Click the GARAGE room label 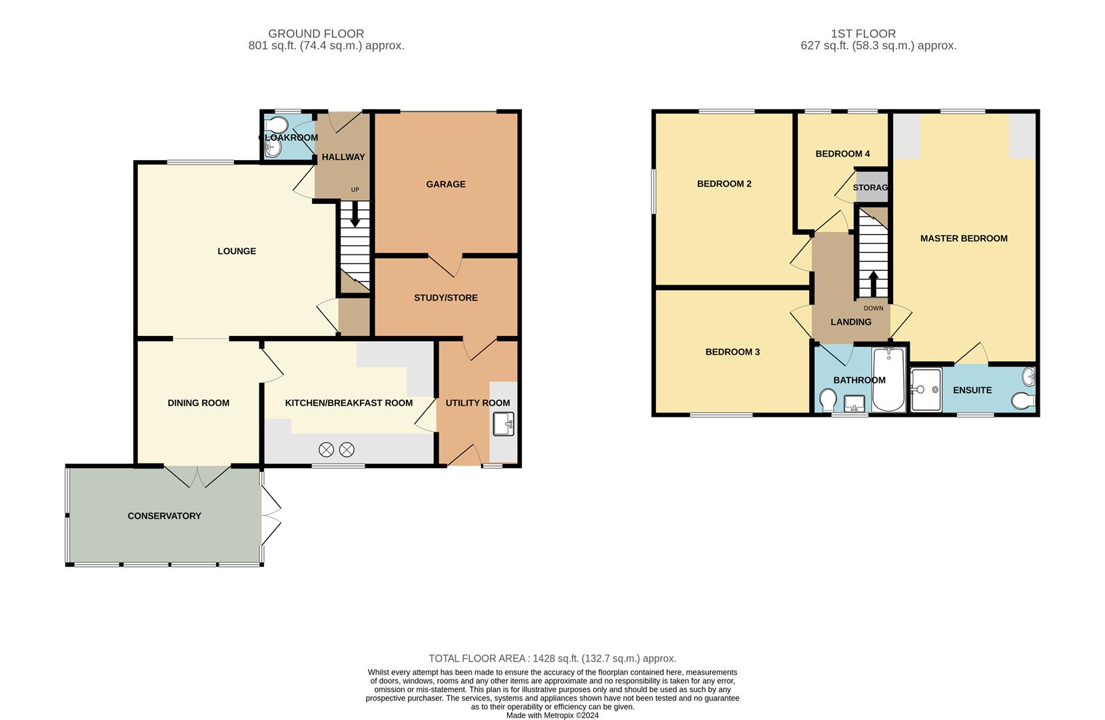446,184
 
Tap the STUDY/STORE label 445,297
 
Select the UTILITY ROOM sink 503,424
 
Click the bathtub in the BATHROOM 888,380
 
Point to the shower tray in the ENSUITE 926,389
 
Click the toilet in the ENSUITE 1023,401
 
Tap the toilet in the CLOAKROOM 275,125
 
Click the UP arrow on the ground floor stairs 355,213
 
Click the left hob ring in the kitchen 326,449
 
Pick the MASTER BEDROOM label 963,238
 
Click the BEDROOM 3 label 732,351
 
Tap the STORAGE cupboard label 872,187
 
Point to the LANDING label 850,322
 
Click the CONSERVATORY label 164,515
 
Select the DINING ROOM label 198,403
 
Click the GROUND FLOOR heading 316,33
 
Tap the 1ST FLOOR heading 863,33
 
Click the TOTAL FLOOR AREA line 552,658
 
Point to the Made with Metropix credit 552,715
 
